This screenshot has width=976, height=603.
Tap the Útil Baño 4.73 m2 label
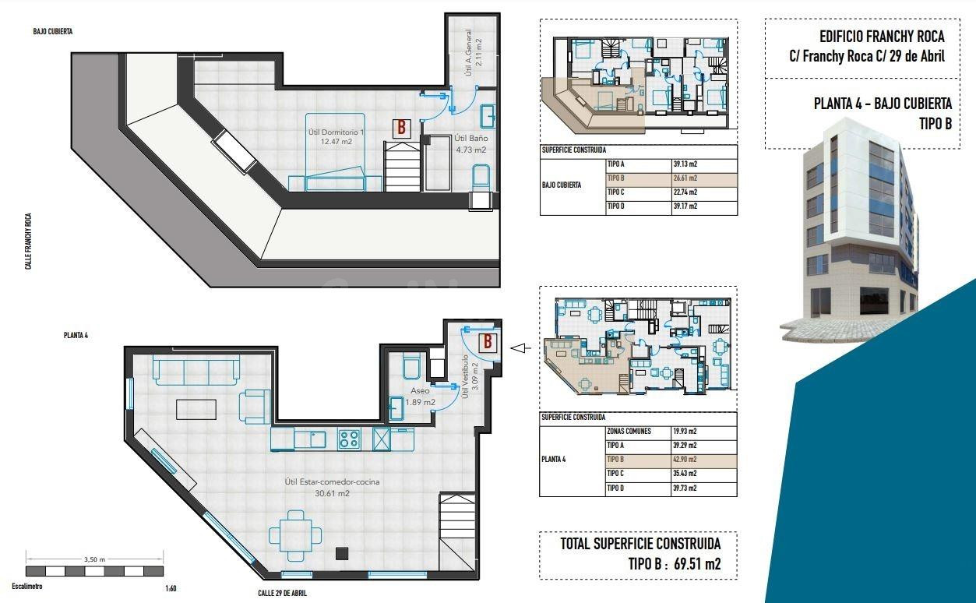pyautogui.click(x=470, y=144)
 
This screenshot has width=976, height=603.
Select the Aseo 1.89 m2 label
pyautogui.click(x=420, y=397)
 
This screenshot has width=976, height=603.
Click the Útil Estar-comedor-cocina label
pyautogui.click(x=332, y=482)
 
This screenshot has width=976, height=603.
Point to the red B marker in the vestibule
pyautogui.click(x=488, y=342)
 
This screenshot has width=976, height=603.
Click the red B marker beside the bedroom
pyautogui.click(x=402, y=128)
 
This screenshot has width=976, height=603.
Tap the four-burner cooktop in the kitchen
pyautogui.click(x=349, y=439)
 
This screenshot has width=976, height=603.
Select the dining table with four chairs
pyautogui.click(x=295, y=535)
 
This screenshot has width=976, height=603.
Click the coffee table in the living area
pyautogui.click(x=196, y=410)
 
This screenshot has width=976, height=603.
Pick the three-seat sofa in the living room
pyautogui.click(x=196, y=369)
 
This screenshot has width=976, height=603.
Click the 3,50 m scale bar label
pyautogui.click(x=94, y=559)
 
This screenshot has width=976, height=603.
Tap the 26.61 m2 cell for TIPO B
pyautogui.click(x=685, y=178)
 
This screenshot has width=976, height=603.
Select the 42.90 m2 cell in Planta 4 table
pyautogui.click(x=685, y=459)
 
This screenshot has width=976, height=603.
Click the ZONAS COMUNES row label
pyautogui.click(x=629, y=432)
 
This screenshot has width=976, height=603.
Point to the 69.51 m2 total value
pyautogui.click(x=697, y=564)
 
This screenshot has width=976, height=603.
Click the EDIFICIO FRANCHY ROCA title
pyautogui.click(x=882, y=37)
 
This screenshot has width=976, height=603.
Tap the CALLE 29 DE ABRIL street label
pyautogui.click(x=282, y=593)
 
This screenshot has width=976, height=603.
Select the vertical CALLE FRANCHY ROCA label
pyautogui.click(x=28, y=242)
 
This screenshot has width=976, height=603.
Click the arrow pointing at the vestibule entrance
pyautogui.click(x=520, y=348)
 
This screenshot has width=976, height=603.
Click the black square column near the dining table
pyautogui.click(x=342, y=553)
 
